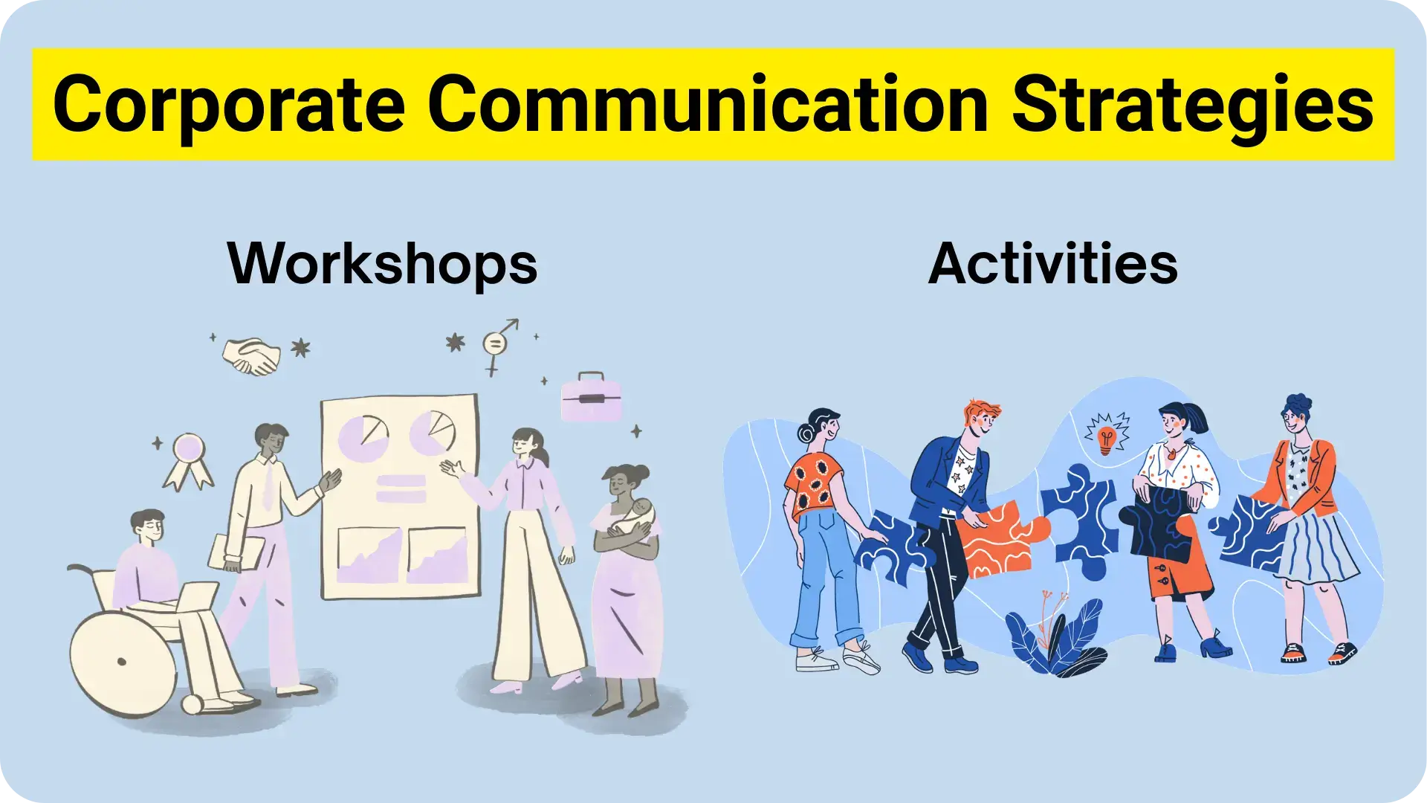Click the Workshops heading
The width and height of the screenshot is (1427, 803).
tap(382, 264)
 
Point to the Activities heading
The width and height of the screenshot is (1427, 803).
tap(1052, 264)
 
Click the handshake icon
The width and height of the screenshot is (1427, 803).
tap(251, 356)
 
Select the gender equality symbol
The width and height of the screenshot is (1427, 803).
tap(496, 345)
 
